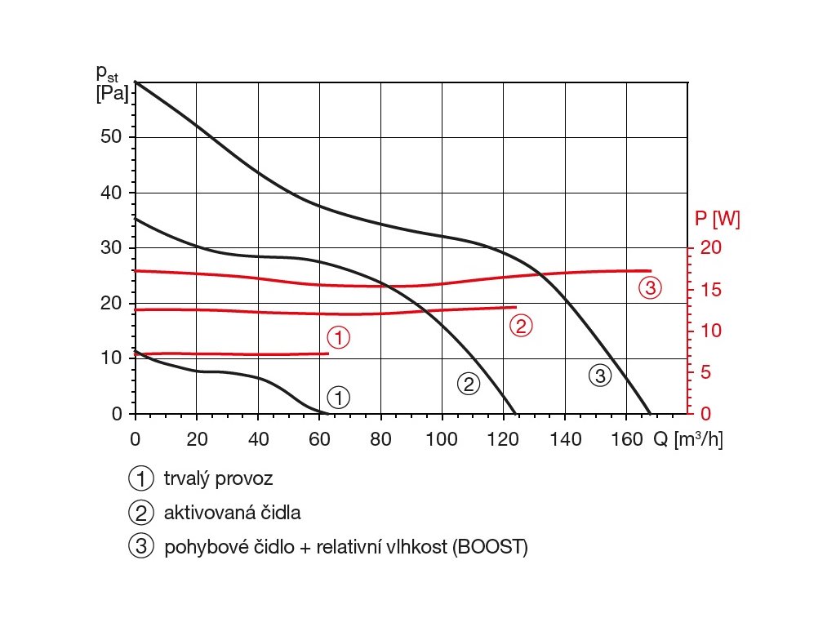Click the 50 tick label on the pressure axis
click(x=112, y=136)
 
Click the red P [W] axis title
click(x=718, y=219)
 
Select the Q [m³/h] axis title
click(x=687, y=438)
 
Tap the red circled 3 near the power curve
click(x=650, y=287)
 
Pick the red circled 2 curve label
click(x=521, y=326)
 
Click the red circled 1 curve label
click(x=338, y=336)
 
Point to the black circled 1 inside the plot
click(x=338, y=398)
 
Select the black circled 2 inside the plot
click(x=468, y=384)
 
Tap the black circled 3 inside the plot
click(x=599, y=376)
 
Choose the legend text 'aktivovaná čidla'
click(x=232, y=513)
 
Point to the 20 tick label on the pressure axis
click(x=112, y=303)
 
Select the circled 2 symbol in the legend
click(x=140, y=513)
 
